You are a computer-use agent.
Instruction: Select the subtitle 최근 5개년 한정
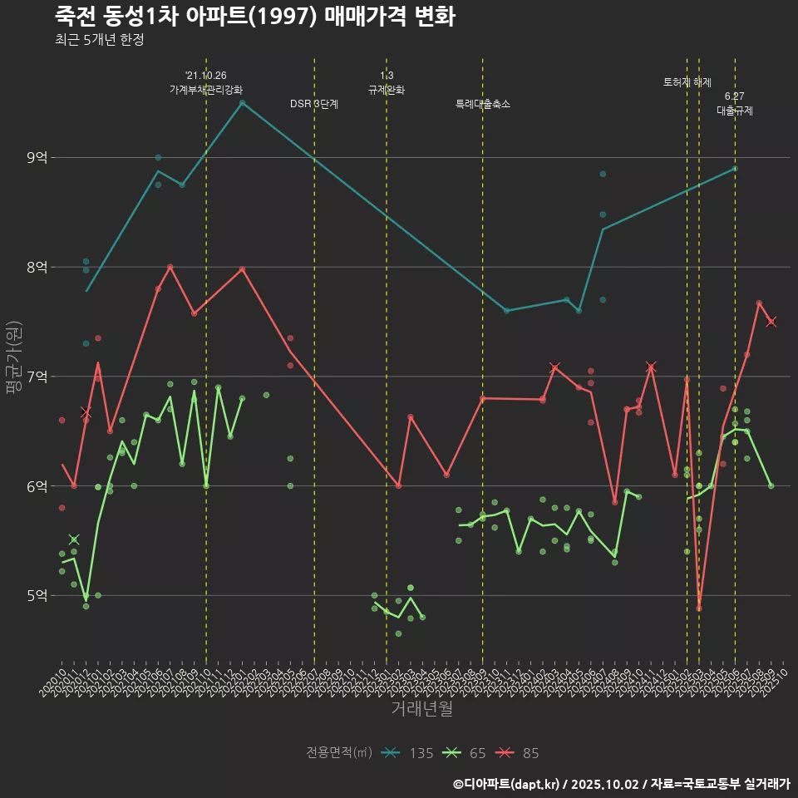point(100,40)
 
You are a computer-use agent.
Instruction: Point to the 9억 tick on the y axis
point(37,157)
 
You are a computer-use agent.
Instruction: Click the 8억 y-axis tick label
point(37,267)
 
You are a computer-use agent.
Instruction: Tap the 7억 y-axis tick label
point(37,377)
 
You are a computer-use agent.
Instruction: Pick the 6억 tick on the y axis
point(37,486)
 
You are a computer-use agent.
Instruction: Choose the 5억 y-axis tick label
point(37,595)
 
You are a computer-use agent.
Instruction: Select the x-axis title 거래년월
point(421,709)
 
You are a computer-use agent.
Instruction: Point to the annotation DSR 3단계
point(313,104)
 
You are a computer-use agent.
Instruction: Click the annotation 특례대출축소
point(483,104)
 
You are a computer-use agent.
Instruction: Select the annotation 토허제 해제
point(687,82)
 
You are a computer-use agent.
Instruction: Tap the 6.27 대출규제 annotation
point(735,103)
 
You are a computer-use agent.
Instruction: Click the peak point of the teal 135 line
point(242,103)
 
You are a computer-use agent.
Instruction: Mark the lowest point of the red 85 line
point(699,608)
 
